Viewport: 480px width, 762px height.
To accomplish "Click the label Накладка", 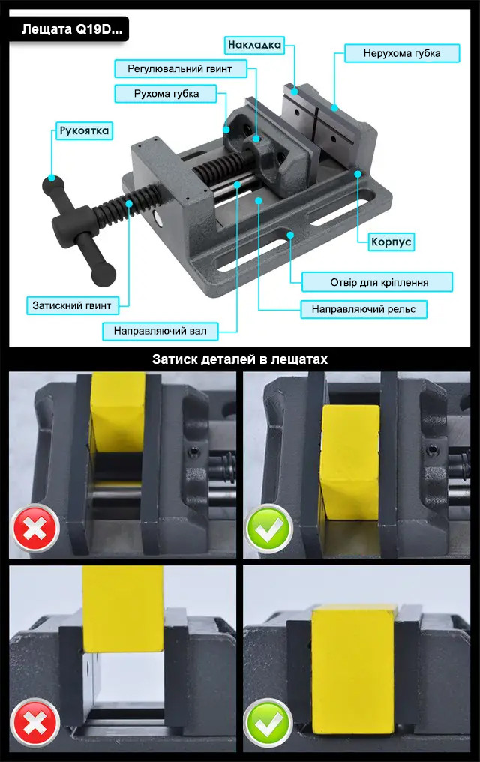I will click(x=253, y=45).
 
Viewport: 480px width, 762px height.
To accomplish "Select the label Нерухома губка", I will click(x=401, y=53).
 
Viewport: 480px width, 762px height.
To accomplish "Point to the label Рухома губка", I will click(x=166, y=94).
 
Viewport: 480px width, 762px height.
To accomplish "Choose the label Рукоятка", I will click(x=84, y=131).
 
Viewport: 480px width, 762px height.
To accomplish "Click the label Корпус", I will click(x=391, y=242).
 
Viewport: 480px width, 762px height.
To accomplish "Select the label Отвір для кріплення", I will click(x=379, y=282).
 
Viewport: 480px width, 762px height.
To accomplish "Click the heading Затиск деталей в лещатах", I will click(x=240, y=359).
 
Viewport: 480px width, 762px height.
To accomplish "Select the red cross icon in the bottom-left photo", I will click(x=35, y=721).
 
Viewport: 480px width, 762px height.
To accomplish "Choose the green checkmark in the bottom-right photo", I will click(x=268, y=721).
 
